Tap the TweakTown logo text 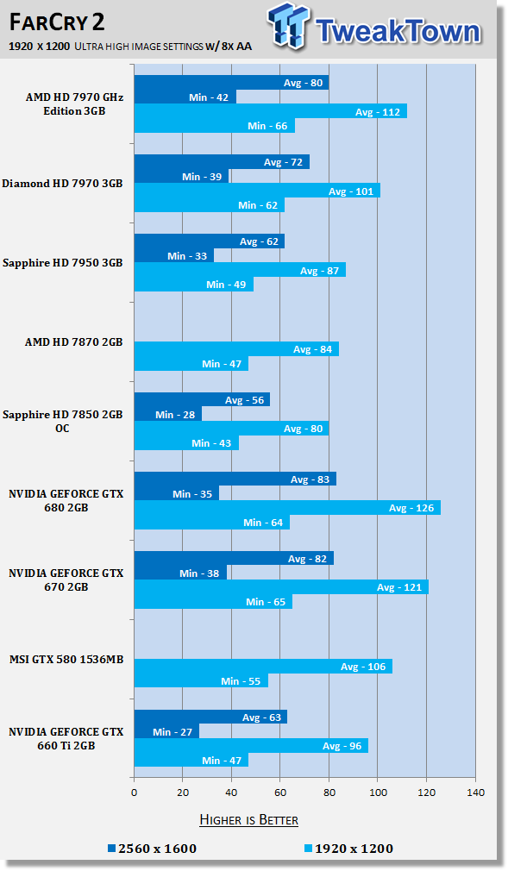[398, 30]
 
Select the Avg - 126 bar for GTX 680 [287, 508]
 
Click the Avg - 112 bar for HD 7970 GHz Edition [270, 111]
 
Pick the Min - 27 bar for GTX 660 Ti [166, 731]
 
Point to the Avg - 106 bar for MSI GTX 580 [263, 667]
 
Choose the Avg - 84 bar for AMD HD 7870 [236, 349]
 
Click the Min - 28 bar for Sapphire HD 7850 [167, 414]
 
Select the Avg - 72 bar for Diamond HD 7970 [222, 162]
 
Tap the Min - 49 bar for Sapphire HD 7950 [193, 285]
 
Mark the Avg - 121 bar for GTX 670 [281, 587]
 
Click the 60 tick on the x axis [280, 792]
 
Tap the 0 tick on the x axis [134, 792]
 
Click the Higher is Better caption [248, 819]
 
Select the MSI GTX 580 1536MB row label [67, 660]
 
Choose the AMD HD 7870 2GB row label [73, 342]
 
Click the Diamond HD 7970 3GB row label [63, 184]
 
